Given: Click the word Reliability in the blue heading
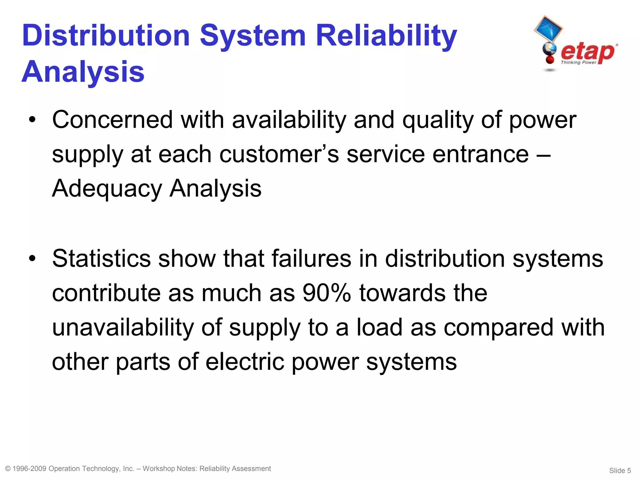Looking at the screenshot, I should [x=386, y=36].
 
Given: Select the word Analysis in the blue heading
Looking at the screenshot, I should [x=83, y=72].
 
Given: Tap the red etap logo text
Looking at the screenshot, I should [x=588, y=52].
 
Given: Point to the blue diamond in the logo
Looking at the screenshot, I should [x=548, y=29].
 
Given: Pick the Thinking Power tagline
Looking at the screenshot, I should [x=578, y=62].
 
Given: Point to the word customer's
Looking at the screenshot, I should [x=279, y=154].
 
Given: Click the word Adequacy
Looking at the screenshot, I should [x=107, y=189].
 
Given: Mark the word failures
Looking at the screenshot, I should [x=311, y=259].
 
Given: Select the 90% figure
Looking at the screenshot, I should [x=327, y=293].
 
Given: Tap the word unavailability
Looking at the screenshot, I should [x=123, y=327].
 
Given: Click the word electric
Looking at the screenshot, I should [x=245, y=362].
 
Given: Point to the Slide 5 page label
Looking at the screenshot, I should [x=620, y=470].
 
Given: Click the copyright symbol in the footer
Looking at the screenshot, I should [x=8, y=469].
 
